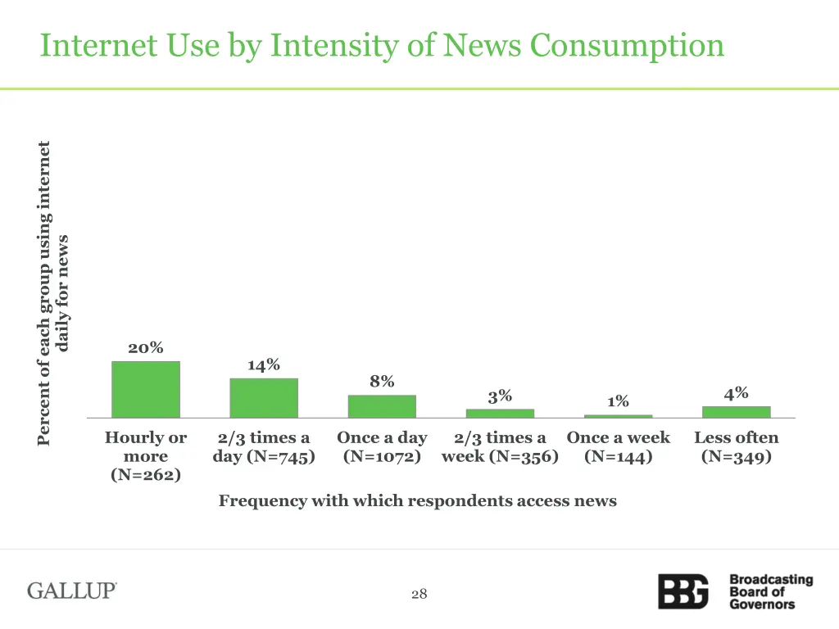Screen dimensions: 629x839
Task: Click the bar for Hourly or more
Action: (146, 390)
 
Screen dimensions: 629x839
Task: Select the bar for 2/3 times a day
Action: (264, 398)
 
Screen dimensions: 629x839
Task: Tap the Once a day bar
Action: (382, 406)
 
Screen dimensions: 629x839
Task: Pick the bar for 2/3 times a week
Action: (500, 413)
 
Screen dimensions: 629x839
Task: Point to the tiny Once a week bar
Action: (618, 416)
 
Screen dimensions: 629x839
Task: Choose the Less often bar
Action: (736, 412)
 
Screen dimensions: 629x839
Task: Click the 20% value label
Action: (145, 348)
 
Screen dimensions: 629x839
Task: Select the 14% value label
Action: (264, 364)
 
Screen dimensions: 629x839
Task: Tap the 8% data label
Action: (382, 381)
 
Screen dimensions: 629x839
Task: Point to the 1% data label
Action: (618, 401)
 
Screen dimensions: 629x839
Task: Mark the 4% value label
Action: (736, 393)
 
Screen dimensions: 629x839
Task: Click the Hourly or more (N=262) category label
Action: (146, 456)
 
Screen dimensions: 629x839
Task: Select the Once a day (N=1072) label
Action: (382, 447)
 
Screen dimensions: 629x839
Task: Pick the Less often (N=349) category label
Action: (736, 447)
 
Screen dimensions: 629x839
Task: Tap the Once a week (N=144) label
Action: (618, 447)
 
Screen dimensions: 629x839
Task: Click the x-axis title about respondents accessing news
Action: (417, 500)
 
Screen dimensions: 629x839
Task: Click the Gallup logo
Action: (72, 591)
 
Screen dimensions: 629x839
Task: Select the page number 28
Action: (419, 594)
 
